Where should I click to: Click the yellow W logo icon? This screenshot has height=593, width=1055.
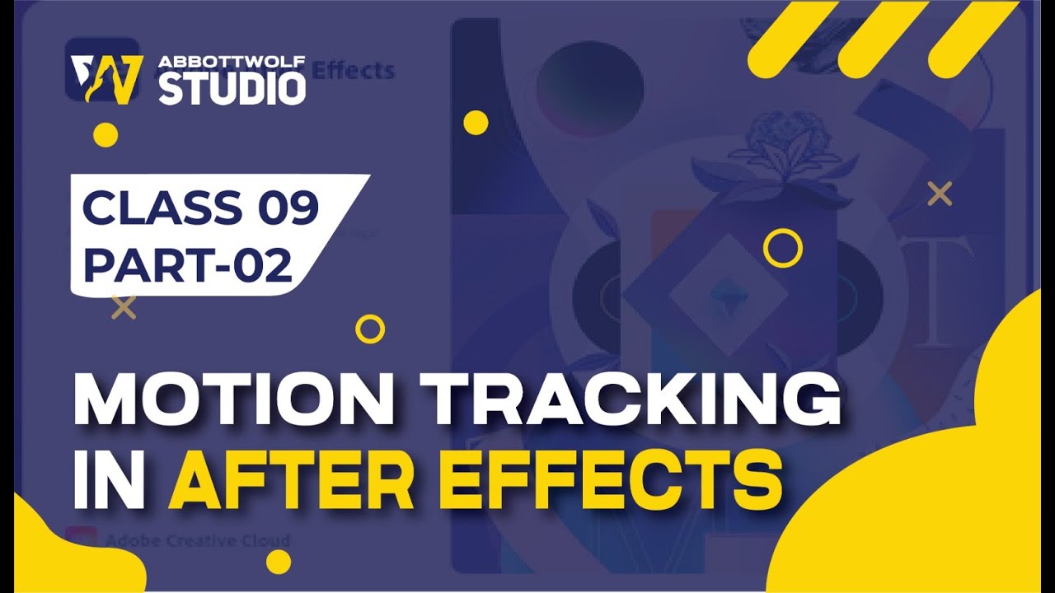[x=106, y=80]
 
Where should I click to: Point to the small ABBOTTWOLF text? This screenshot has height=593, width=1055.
[x=232, y=63]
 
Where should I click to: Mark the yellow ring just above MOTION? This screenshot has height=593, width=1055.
[x=370, y=329]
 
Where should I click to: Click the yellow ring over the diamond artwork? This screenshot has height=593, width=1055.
[x=782, y=247]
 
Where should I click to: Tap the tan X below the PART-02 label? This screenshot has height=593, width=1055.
[x=124, y=307]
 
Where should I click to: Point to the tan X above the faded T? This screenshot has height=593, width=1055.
[x=940, y=194]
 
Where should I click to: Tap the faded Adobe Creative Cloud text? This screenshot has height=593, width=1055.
[x=198, y=541]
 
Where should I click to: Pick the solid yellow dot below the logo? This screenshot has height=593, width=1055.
[x=105, y=135]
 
